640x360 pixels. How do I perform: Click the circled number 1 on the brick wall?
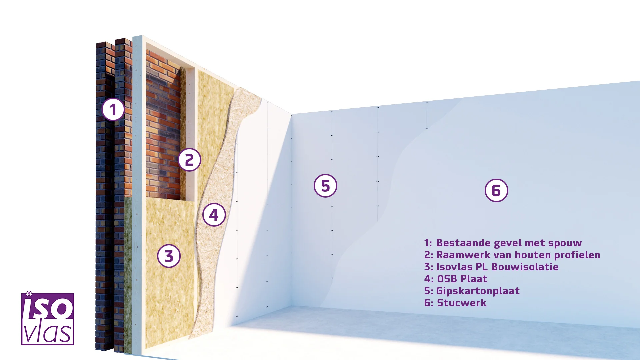point(113,110)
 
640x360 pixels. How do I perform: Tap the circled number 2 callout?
point(189,160)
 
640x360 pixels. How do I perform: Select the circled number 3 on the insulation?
point(169,256)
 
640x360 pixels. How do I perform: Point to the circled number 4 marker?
point(214,215)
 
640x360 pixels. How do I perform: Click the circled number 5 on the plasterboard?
point(325,186)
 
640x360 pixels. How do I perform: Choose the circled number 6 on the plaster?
point(496,190)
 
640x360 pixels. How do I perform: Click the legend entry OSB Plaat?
point(462,279)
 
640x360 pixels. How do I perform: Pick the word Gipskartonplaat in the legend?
point(478,291)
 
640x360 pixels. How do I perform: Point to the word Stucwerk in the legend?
point(462,303)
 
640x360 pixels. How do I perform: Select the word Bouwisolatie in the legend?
point(525,267)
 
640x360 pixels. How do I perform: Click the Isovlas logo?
point(47,319)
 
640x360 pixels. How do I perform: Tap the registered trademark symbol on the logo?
point(29,293)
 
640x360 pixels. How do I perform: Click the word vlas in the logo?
point(47,332)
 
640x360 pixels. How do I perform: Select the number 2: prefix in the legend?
point(429,255)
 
